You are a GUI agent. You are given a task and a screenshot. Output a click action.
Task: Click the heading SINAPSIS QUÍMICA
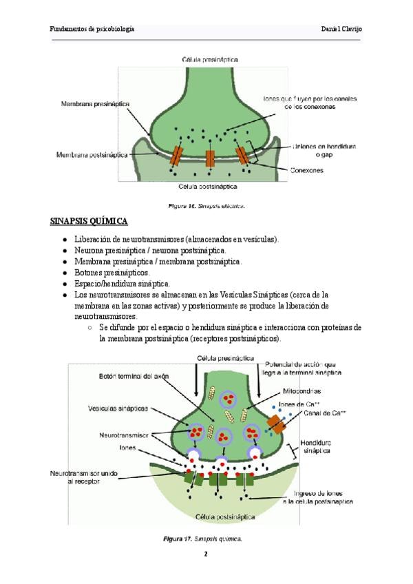coord(89,221)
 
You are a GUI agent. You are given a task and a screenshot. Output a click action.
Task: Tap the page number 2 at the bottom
coord(205,554)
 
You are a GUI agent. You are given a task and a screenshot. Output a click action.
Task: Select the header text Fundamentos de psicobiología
coord(92,29)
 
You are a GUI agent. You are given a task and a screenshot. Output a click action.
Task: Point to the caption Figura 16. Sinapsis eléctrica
coord(207,205)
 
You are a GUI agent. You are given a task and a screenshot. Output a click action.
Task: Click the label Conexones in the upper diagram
coord(308,169)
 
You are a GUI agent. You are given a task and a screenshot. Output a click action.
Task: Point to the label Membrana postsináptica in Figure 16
coord(92,155)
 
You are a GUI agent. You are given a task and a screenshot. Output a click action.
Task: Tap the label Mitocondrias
coord(303,390)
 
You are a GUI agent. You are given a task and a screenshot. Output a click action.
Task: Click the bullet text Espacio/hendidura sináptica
coord(122,283)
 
